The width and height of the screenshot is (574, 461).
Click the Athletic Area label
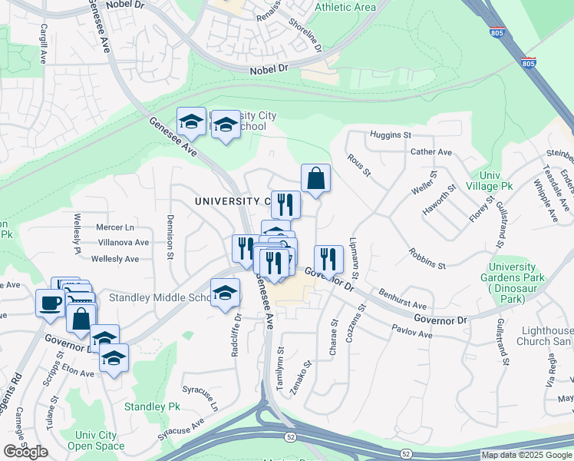point(345,7)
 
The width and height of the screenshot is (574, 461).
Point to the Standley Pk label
point(152,406)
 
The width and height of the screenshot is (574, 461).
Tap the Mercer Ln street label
point(114,227)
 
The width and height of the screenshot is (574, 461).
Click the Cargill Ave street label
point(43,47)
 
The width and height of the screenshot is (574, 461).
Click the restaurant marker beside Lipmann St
point(328,258)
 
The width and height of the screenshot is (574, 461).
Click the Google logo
point(25,452)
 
